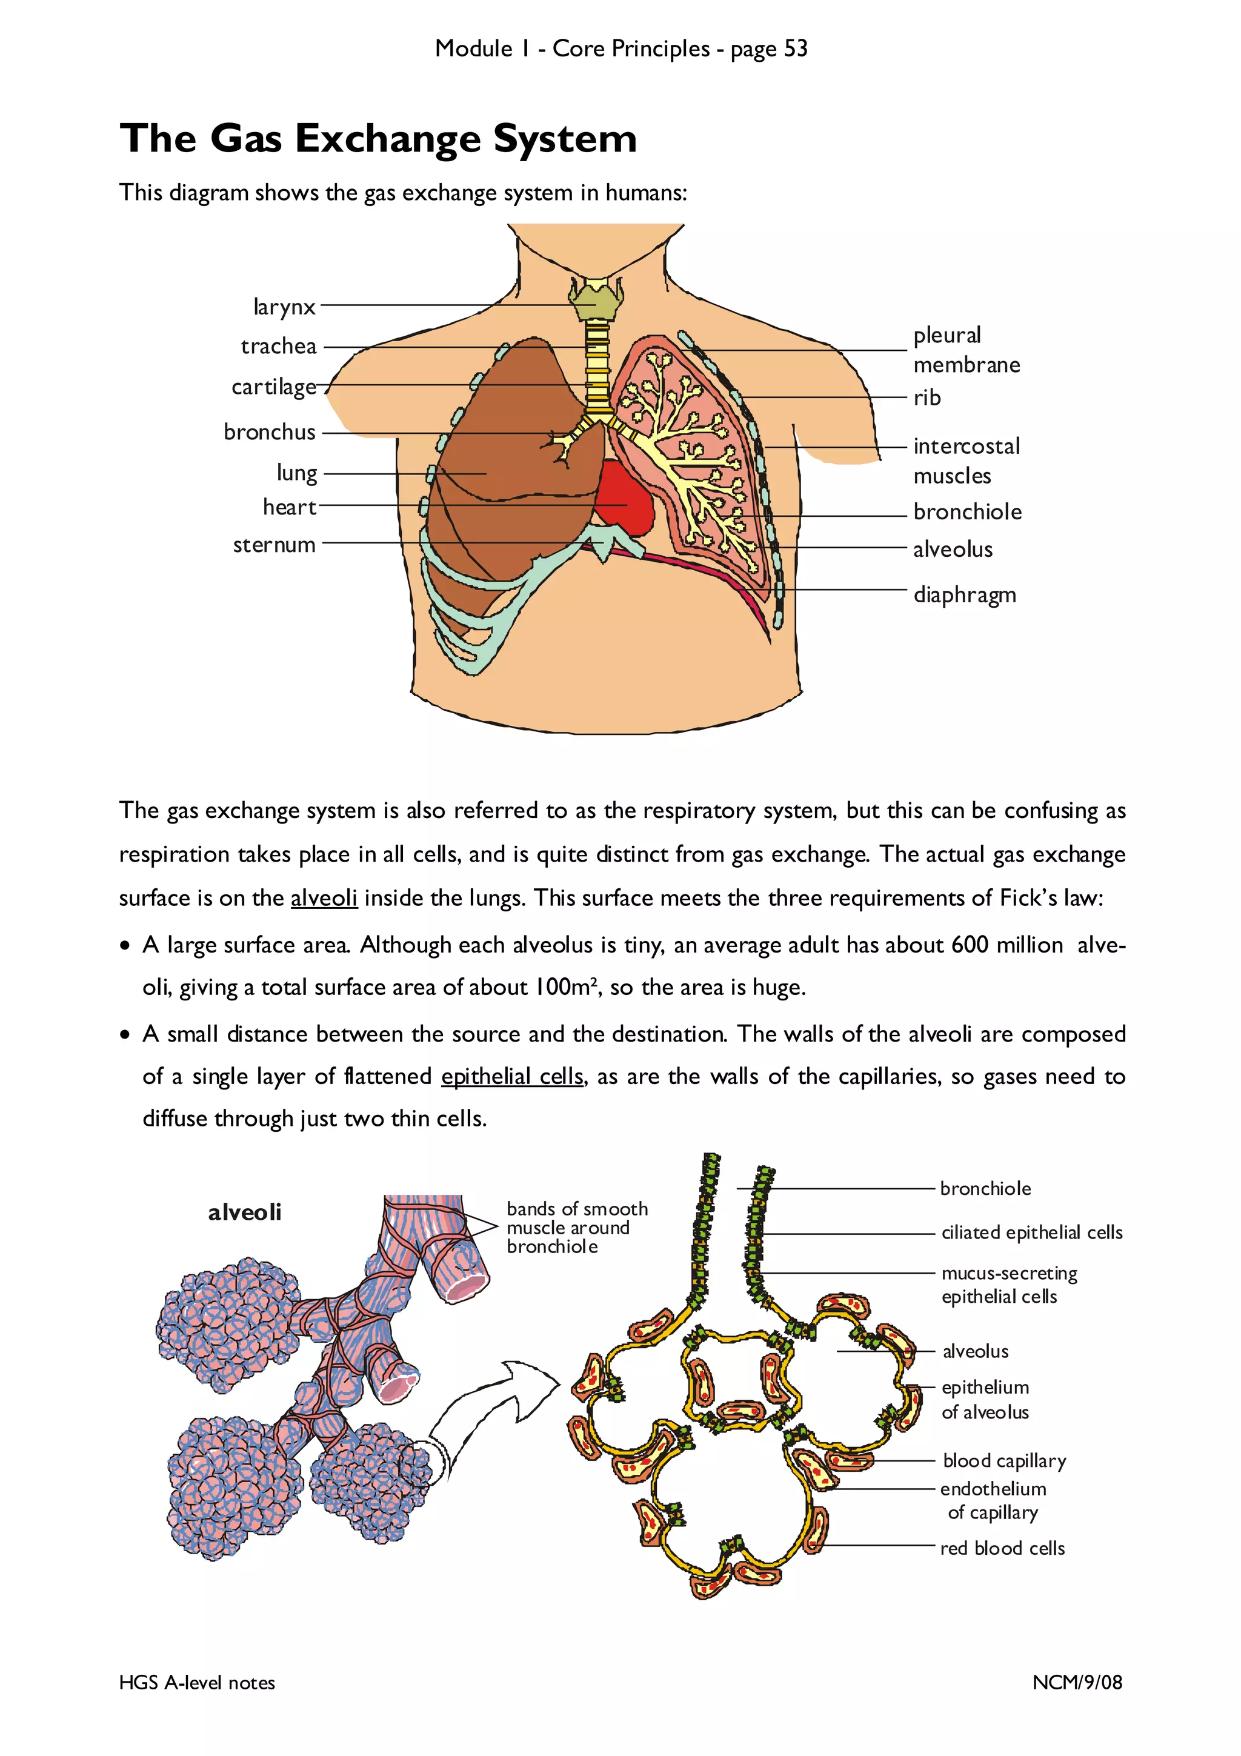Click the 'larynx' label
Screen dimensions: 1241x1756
pyautogui.click(x=284, y=307)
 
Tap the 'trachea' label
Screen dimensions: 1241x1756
pyautogui.click(x=278, y=347)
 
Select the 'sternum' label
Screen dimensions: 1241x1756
pyautogui.click(x=274, y=545)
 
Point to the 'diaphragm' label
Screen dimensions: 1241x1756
pyautogui.click(x=964, y=595)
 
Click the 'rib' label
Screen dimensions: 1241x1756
pyautogui.click(x=927, y=397)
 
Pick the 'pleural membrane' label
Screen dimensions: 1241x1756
pyautogui.click(x=966, y=350)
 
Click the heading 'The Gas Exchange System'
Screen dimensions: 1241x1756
pyautogui.click(x=378, y=139)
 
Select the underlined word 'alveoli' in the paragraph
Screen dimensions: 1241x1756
pyautogui.click(x=324, y=898)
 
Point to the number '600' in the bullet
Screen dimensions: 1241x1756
pyautogui.click(x=970, y=945)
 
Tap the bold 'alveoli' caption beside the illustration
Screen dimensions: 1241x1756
pyautogui.click(x=245, y=1212)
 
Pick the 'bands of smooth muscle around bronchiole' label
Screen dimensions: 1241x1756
pyautogui.click(x=576, y=1228)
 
